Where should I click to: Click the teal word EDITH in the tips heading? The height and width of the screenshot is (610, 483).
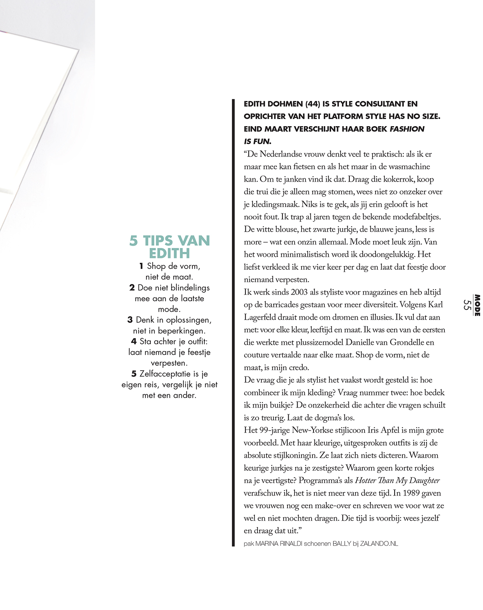(x=169, y=254)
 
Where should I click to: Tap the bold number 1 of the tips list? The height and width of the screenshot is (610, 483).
(x=141, y=266)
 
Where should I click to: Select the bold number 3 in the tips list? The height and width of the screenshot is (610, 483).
(x=130, y=320)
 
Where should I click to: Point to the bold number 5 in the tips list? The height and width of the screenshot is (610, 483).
(x=134, y=374)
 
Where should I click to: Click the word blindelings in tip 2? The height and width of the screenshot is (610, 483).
(x=190, y=288)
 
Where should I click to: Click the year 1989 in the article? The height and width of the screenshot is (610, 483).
(x=411, y=493)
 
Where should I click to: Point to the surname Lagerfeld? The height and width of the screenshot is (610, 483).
(x=261, y=317)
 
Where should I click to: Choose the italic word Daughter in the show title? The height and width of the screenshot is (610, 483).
(x=425, y=481)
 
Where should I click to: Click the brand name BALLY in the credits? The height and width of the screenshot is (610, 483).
(x=342, y=544)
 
